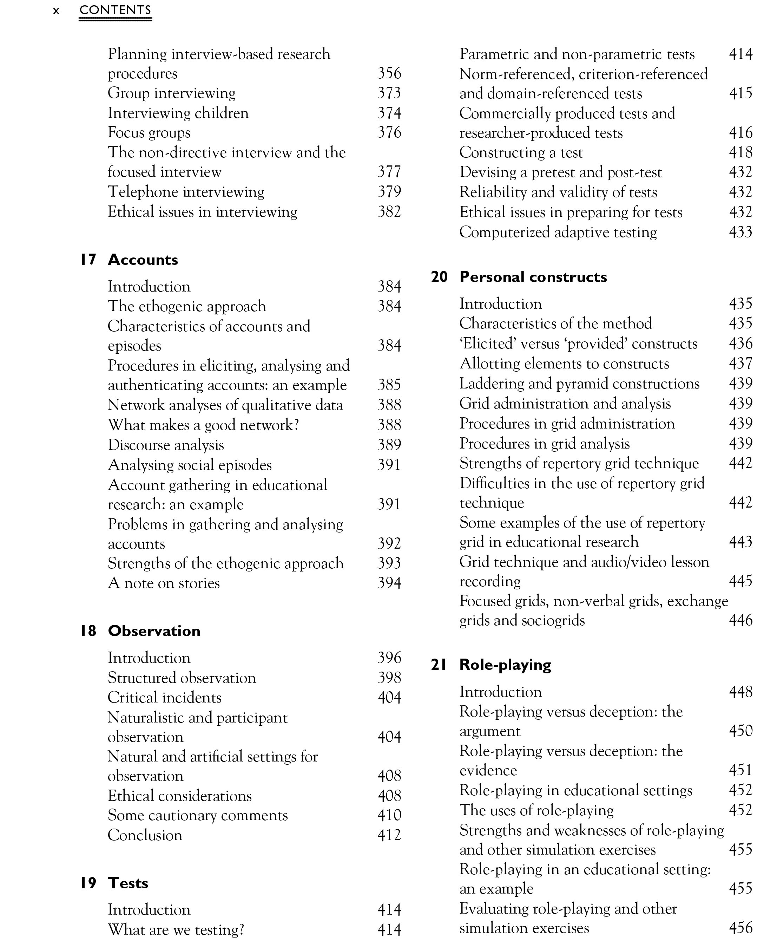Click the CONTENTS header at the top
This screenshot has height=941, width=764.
[115, 10]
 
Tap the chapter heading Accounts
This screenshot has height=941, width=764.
[143, 260]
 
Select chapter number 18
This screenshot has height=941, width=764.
[88, 631]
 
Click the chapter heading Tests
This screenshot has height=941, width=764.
[128, 883]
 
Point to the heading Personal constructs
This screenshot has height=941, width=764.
[533, 277]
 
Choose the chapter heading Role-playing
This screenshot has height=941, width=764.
[505, 665]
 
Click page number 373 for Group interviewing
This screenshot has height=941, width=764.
[389, 93]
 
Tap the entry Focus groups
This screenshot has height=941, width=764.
[149, 132]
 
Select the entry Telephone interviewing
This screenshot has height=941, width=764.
[186, 191]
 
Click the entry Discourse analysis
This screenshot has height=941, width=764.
[166, 445]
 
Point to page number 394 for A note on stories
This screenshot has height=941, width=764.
[389, 583]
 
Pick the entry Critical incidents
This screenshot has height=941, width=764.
[165, 698]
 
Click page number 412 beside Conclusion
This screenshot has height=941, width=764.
[389, 835]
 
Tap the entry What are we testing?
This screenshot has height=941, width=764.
[176, 929]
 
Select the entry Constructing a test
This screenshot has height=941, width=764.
[521, 152]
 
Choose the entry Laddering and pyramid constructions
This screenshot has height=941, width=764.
[579, 384]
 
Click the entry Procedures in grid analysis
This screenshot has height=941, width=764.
[545, 443]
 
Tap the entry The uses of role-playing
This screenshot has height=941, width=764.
[536, 810]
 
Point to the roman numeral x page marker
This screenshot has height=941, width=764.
[56, 11]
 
